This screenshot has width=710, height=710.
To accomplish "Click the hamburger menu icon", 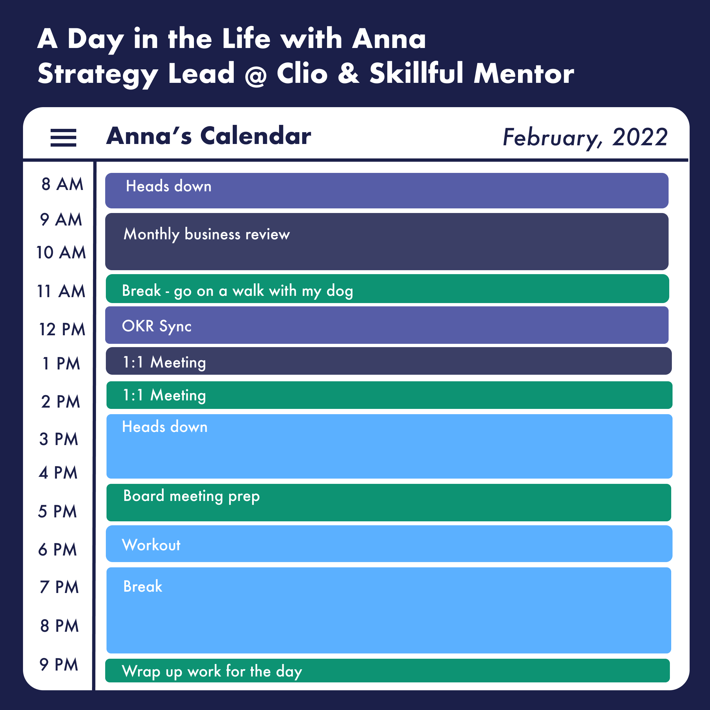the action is (63, 138).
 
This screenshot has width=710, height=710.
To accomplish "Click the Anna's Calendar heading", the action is (208, 136).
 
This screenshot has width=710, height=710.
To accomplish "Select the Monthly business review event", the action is (387, 242).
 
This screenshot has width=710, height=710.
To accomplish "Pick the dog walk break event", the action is (387, 289).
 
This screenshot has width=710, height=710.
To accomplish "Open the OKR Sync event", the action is (387, 325).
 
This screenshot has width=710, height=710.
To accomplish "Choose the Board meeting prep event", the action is (389, 502).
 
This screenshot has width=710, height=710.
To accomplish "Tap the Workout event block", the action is (389, 544).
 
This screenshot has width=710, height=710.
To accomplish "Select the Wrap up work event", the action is (387, 671).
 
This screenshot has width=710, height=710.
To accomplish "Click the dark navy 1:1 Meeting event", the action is (389, 361).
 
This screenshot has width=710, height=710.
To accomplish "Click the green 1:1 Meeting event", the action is (390, 395).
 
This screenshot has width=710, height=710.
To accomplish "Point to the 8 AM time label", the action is (62, 184).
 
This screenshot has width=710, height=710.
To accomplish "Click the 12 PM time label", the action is (62, 329).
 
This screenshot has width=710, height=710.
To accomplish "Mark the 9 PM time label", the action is (59, 664).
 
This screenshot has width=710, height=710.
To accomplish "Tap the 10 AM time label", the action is (61, 252).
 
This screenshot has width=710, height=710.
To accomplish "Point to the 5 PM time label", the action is (57, 511).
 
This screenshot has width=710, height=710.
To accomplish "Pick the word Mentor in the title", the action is (524, 74).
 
